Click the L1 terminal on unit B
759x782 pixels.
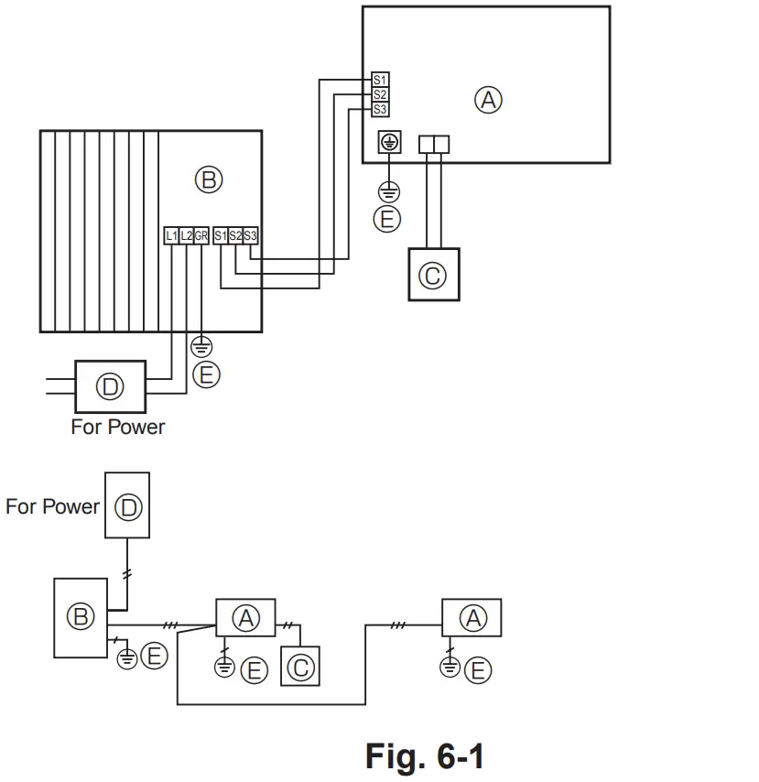coord(171,235)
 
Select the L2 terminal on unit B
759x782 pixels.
coord(187,235)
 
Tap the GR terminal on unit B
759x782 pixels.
coord(201,235)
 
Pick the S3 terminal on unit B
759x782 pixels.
coord(251,235)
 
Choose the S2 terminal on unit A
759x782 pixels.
coord(380,95)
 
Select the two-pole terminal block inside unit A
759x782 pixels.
coord(433,144)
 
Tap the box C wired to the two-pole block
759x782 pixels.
coord(433,274)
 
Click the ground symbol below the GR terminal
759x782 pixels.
coord(201,347)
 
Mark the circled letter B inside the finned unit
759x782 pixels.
coord(208,180)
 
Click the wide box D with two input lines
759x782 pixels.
coord(110,386)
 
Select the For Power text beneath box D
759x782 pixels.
coord(118,427)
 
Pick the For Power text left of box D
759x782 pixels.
coord(52,506)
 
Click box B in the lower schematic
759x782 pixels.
coord(81,617)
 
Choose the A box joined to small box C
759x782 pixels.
coord(245,618)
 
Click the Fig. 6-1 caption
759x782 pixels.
coord(424,756)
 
